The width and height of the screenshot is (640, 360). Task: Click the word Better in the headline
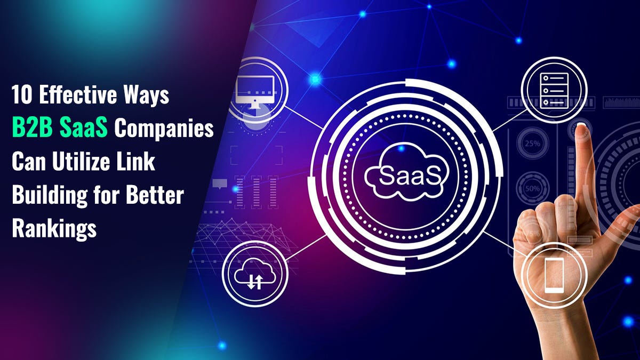click(x=155, y=196)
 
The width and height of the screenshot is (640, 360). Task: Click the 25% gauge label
click(x=531, y=143)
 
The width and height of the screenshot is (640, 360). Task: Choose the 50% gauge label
click(x=531, y=190)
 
